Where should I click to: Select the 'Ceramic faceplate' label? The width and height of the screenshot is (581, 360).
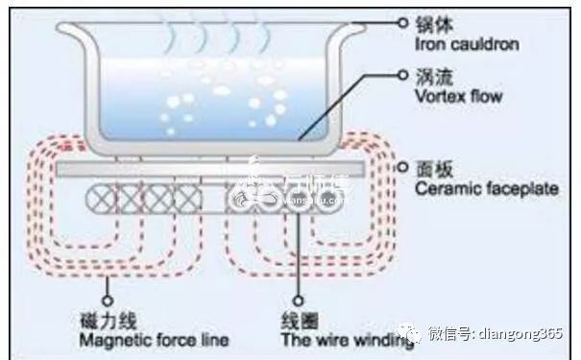click(x=486, y=190)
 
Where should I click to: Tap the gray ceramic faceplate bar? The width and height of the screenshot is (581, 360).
click(x=210, y=170)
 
